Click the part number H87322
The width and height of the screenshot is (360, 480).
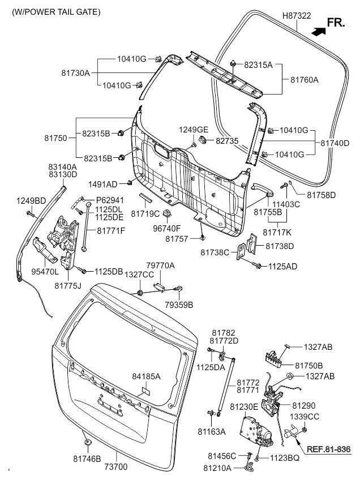coord(297,16)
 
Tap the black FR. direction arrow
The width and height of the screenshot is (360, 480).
coord(318,31)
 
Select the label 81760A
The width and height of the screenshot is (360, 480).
coord(305,80)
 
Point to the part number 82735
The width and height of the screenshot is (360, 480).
coord(227,141)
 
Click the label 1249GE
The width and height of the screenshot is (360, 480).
coord(194,130)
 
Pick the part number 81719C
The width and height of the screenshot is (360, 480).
coord(145,213)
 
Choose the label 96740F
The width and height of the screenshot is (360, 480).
coord(167,228)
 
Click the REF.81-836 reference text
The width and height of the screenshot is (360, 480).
coord(328,449)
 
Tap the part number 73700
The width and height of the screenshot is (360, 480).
coord(115,467)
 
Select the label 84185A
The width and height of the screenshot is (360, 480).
coord(147,376)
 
